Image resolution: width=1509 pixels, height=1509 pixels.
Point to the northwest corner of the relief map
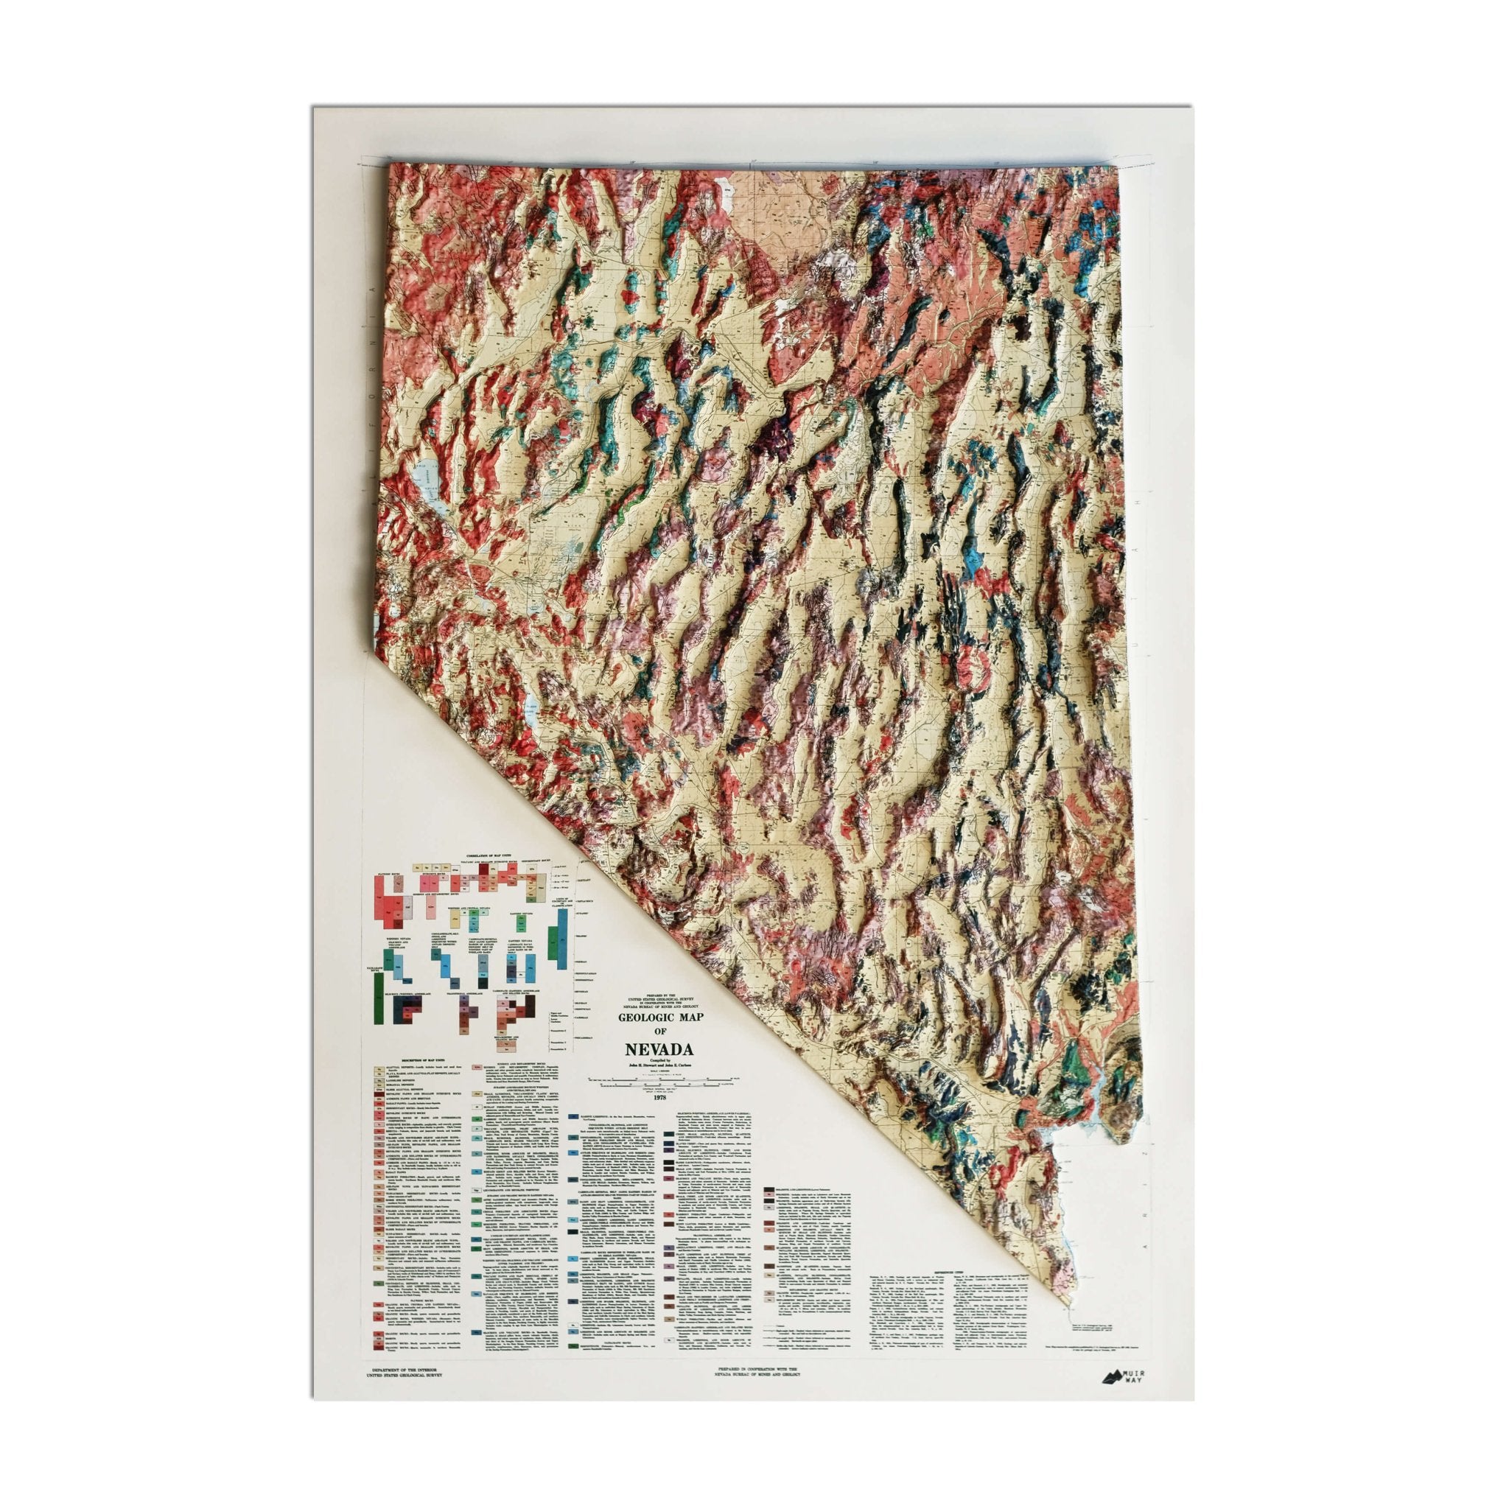[391, 167]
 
